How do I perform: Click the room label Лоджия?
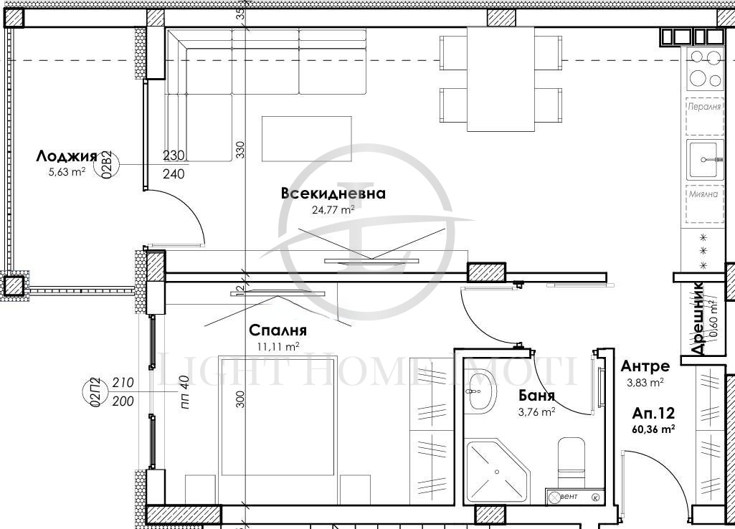click(66, 156)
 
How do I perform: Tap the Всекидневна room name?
click(333, 194)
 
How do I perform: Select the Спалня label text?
click(278, 330)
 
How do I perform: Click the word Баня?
click(537, 396)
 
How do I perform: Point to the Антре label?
click(645, 367)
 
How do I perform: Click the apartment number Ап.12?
click(653, 414)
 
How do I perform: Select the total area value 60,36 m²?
click(653, 429)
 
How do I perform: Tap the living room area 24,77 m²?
click(333, 210)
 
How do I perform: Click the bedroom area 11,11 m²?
click(278, 345)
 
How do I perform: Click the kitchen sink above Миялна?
click(704, 159)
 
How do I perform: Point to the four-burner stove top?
click(704, 69)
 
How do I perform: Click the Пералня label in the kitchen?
click(704, 107)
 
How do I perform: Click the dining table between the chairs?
click(501, 79)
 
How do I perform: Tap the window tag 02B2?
click(107, 164)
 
